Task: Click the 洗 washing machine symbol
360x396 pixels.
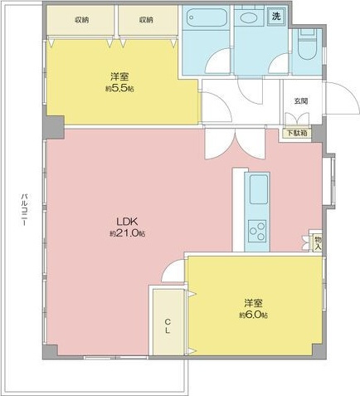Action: tap(276, 16)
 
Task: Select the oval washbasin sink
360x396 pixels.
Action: tap(248, 18)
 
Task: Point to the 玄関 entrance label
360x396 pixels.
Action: tap(301, 101)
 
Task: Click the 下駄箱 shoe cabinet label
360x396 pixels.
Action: tap(296, 133)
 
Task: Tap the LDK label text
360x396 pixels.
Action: tap(127, 222)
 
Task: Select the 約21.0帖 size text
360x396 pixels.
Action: tap(127, 233)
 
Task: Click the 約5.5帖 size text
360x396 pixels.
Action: tap(120, 89)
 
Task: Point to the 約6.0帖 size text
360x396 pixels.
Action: tap(253, 315)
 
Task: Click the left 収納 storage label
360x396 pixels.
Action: tap(81, 20)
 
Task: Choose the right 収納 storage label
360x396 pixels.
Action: tap(146, 20)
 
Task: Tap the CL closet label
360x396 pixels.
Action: tap(168, 326)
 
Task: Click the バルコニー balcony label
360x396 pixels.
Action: tap(25, 209)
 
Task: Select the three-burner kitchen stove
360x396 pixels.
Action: tap(257, 230)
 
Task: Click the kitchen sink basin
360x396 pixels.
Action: tap(259, 190)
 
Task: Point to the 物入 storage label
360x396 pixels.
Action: tap(318, 242)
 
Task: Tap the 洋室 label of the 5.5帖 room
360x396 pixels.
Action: tap(120, 77)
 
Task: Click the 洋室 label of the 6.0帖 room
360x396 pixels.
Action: tap(253, 303)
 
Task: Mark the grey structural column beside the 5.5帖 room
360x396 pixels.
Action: tap(54, 126)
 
